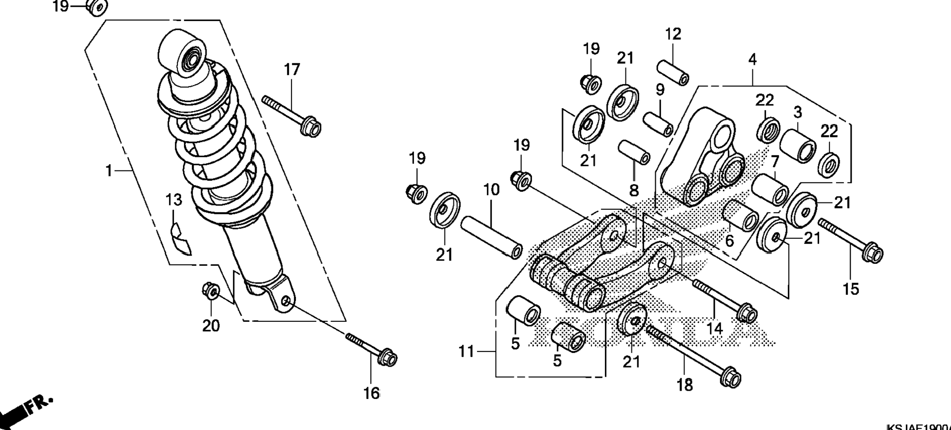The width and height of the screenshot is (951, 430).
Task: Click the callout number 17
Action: [x=292, y=70]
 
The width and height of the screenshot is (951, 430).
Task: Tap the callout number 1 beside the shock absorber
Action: [x=109, y=171]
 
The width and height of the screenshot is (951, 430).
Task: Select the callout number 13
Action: [x=174, y=200]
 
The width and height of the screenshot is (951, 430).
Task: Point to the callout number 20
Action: [x=211, y=325]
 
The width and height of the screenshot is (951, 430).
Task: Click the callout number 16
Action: [x=372, y=393]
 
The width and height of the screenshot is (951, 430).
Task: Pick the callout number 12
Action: [x=673, y=34]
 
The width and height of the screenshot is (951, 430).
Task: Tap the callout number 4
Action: [x=752, y=59]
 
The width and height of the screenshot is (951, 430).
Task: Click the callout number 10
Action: [x=491, y=189]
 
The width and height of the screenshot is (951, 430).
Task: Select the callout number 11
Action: [x=466, y=351]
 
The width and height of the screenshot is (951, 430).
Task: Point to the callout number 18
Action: [x=685, y=385]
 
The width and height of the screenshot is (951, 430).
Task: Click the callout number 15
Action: [x=851, y=289]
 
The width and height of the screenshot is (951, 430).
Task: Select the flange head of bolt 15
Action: [x=873, y=253]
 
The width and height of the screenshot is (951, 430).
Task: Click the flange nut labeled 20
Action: [x=210, y=291]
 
